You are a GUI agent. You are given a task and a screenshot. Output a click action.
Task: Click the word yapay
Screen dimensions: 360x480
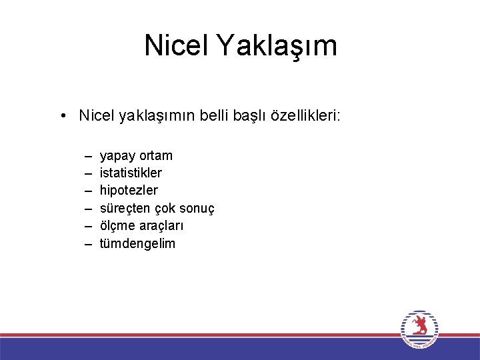click(117, 156)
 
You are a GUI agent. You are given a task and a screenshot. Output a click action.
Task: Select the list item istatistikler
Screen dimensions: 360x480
click(131, 173)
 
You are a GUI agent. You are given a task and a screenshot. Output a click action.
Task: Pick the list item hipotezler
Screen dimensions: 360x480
click(129, 191)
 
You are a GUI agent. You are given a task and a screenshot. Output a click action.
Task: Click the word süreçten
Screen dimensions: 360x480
click(125, 209)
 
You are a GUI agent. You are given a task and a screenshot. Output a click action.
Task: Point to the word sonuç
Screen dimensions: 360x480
click(196, 209)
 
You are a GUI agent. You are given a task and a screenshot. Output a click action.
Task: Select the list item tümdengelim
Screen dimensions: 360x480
click(137, 243)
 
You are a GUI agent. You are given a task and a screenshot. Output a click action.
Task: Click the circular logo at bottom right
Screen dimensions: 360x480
click(419, 329)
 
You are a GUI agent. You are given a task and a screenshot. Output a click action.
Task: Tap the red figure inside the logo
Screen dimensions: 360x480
click(419, 325)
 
